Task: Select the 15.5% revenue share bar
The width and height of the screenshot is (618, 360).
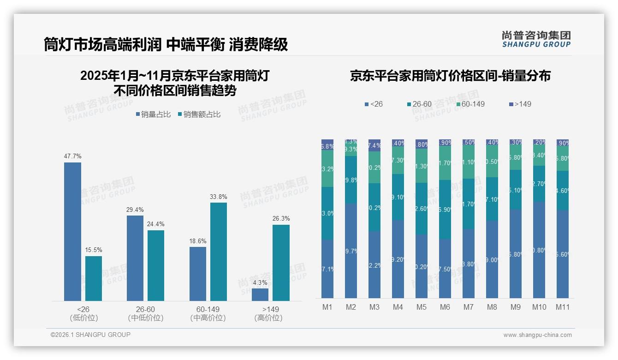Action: click(x=94, y=278)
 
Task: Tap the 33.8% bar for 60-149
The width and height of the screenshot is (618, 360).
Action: click(x=219, y=252)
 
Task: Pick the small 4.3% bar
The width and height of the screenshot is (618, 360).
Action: click(x=260, y=294)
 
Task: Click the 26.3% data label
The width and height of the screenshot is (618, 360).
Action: click(x=281, y=218)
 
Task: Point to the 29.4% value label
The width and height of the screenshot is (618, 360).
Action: click(x=135, y=210)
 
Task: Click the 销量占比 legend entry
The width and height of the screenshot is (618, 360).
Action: click(x=153, y=114)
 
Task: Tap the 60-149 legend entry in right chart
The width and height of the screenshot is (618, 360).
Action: click(x=470, y=104)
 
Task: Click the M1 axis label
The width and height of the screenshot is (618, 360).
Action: click(x=327, y=307)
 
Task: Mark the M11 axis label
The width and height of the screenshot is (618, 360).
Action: click(x=562, y=307)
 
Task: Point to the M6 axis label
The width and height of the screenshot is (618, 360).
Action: click(x=445, y=307)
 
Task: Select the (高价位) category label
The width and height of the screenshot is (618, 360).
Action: click(x=268, y=318)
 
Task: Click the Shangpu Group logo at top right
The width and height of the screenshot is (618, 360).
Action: click(x=536, y=39)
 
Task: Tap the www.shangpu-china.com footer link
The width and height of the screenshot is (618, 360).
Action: click(x=537, y=335)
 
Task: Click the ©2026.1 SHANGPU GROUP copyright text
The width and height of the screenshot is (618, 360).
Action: click(x=90, y=335)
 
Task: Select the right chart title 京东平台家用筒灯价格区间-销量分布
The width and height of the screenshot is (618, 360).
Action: click(x=450, y=76)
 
